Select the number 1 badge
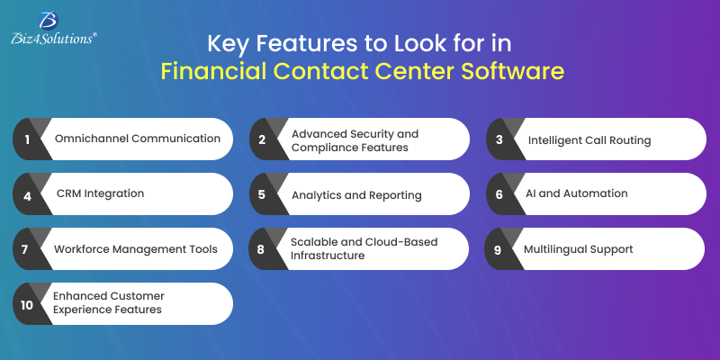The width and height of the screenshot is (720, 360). click(28, 139)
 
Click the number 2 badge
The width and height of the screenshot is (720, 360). click(262, 139)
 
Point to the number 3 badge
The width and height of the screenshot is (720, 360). click(499, 139)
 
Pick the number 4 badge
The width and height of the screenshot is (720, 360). click(28, 193)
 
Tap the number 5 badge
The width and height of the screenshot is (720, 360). click(262, 193)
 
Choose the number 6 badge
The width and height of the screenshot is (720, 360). click(499, 193)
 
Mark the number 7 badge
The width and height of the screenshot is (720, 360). click(28, 248)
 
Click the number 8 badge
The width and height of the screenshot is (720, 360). click(262, 248)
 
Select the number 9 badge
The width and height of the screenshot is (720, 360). click(499, 248)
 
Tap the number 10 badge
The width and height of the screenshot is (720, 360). click(28, 303)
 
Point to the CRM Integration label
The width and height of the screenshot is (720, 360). click(100, 193)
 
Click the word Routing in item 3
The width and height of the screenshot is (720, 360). click(626, 139)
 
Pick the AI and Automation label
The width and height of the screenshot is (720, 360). click(577, 193)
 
